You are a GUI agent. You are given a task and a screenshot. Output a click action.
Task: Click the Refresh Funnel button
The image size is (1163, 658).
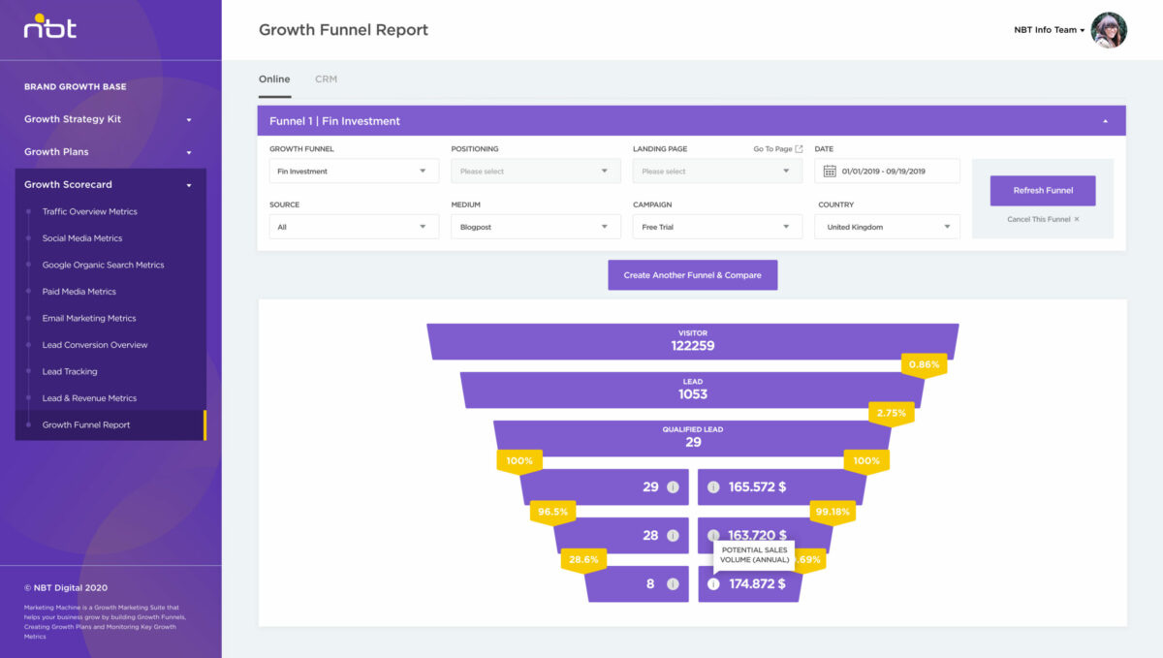pos(1043,191)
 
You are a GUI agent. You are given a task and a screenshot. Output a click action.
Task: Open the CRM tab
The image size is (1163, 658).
pos(326,79)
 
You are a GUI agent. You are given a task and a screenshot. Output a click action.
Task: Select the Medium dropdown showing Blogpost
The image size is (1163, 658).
pos(535,227)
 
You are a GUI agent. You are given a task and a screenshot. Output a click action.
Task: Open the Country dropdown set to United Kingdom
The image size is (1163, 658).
pos(888,227)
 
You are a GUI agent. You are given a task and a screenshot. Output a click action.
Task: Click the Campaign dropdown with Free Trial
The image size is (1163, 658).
pos(717,227)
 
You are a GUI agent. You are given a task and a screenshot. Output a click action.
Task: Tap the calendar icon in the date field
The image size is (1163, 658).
pos(830,172)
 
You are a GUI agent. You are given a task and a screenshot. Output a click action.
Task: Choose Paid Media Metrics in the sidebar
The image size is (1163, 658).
pos(79,292)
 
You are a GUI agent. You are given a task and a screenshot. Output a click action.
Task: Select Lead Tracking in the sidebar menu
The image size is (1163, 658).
pos(70,371)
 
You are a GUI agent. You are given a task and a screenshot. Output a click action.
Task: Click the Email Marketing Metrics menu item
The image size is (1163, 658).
pos(89,318)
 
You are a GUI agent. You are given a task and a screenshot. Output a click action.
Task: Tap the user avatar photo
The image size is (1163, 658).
pos(1109,30)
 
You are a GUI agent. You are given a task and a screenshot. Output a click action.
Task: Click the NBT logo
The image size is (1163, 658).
pos(50,27)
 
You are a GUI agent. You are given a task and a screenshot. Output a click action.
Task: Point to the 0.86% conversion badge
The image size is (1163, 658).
pos(924,365)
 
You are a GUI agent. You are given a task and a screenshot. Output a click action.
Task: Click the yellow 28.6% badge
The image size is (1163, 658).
pos(583,560)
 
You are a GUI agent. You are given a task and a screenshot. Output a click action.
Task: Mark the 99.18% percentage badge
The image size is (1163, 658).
pos(833,512)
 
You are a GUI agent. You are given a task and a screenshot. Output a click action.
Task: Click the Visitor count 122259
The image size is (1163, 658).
pos(693,345)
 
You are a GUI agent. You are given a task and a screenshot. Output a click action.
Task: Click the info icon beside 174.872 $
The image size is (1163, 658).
pos(713,584)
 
